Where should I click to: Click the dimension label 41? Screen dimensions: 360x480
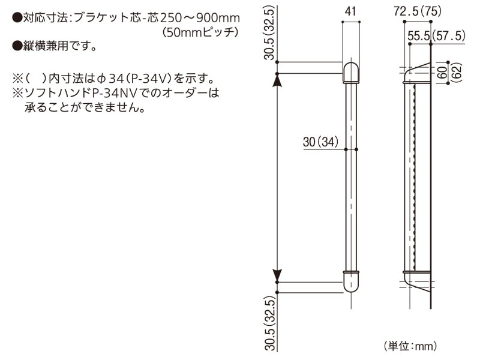351,10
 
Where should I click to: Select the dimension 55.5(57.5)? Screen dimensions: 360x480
436,36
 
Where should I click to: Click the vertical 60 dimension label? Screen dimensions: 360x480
443,73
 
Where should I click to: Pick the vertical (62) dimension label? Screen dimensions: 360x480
456,73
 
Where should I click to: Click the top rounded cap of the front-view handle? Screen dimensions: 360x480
350,71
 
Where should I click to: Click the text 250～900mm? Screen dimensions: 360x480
199,19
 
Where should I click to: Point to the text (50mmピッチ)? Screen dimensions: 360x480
200,32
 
